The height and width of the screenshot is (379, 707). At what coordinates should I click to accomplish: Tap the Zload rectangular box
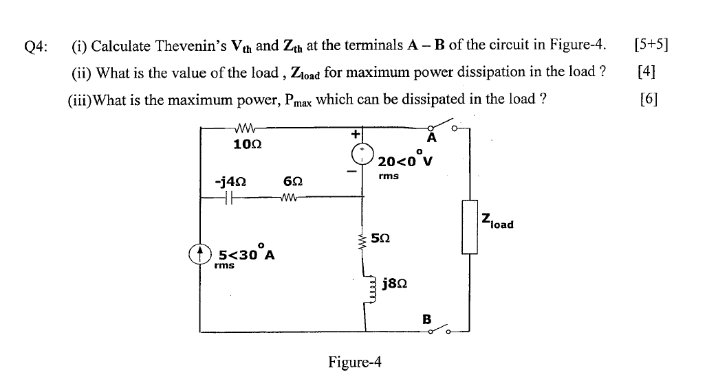point(470,227)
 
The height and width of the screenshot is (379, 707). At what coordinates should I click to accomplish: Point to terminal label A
point(432,138)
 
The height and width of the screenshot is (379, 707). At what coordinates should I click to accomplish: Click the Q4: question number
point(36,46)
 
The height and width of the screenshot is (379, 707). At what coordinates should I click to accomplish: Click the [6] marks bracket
point(649,98)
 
